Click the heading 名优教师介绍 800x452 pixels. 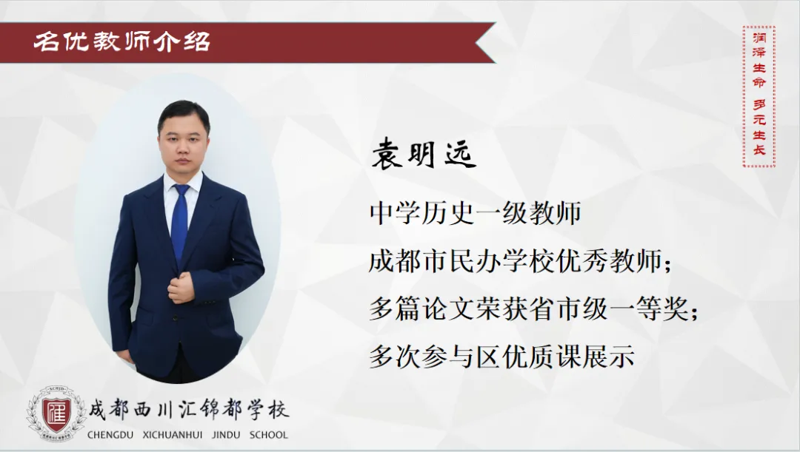pos(122,41)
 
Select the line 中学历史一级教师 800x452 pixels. pos(476,213)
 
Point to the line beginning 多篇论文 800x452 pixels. pos(533,308)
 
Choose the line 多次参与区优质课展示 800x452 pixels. pos(502,356)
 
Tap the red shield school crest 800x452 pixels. pos(56,414)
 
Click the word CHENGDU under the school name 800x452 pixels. pos(110,435)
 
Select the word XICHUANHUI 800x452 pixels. pos(173,435)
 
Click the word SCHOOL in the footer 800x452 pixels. pos(269,435)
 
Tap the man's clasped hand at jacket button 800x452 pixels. pos(181,288)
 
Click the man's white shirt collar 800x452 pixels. pos(183,184)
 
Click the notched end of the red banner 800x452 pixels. pos(484,42)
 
